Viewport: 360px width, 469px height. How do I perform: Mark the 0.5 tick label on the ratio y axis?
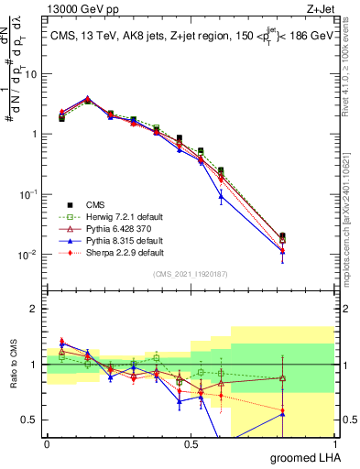click(33, 420)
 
